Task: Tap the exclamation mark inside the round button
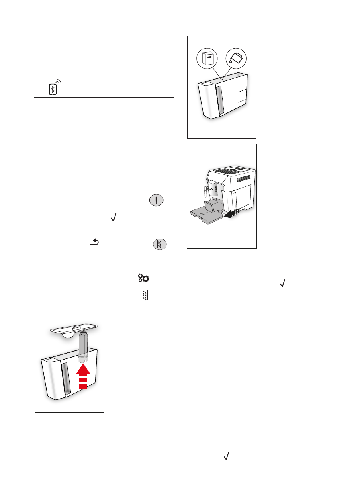coord(156,200)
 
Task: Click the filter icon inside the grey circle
coord(160,244)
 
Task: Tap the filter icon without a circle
coord(145,296)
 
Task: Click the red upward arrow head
coord(83,368)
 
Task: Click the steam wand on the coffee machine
coord(205,192)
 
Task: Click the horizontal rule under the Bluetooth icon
coord(104,98)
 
